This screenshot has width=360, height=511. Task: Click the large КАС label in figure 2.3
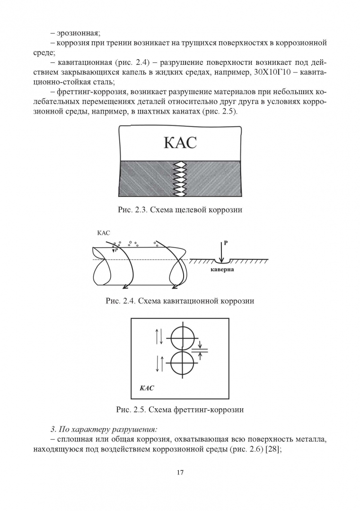180,142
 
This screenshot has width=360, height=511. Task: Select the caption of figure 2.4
180,300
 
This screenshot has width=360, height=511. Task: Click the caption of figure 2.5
180,410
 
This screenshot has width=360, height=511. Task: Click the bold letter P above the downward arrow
226,243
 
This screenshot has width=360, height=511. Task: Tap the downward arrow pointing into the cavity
221,252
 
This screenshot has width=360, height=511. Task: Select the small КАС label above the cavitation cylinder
103,233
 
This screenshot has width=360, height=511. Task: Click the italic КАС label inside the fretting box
147,388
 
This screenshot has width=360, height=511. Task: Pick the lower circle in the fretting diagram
183,364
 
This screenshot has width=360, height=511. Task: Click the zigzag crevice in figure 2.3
180,179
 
